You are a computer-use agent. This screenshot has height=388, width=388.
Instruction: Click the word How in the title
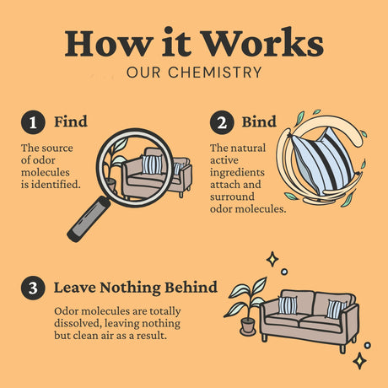[107, 43]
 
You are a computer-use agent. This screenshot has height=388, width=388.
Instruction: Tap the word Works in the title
[262, 42]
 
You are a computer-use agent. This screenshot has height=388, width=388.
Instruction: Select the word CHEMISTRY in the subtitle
[215, 73]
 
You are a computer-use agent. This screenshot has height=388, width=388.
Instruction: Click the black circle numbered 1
[33, 122]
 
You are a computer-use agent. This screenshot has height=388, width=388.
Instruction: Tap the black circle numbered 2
[222, 122]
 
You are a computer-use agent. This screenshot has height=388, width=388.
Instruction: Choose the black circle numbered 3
[33, 288]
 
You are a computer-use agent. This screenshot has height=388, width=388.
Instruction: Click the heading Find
[71, 121]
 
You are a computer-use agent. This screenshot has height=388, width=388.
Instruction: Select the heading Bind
[259, 121]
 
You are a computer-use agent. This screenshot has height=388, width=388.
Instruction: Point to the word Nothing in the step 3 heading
[130, 288]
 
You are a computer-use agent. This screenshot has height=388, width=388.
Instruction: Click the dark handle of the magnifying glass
[89, 218]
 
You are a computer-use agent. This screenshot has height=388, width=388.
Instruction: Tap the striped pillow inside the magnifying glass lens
[152, 164]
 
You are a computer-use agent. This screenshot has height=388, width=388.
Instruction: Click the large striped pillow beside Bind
[323, 161]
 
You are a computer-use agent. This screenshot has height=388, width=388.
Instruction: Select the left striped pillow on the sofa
[288, 305]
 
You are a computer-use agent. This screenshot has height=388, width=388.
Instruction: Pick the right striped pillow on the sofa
[335, 309]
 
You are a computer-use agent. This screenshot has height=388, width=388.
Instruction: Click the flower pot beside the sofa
[248, 326]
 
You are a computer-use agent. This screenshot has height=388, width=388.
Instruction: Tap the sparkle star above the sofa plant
[272, 259]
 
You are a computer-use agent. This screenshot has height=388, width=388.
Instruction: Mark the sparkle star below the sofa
[359, 361]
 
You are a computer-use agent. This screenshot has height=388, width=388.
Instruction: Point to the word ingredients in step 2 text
[237, 173]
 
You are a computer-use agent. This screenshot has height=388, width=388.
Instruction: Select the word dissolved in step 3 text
[78, 323]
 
